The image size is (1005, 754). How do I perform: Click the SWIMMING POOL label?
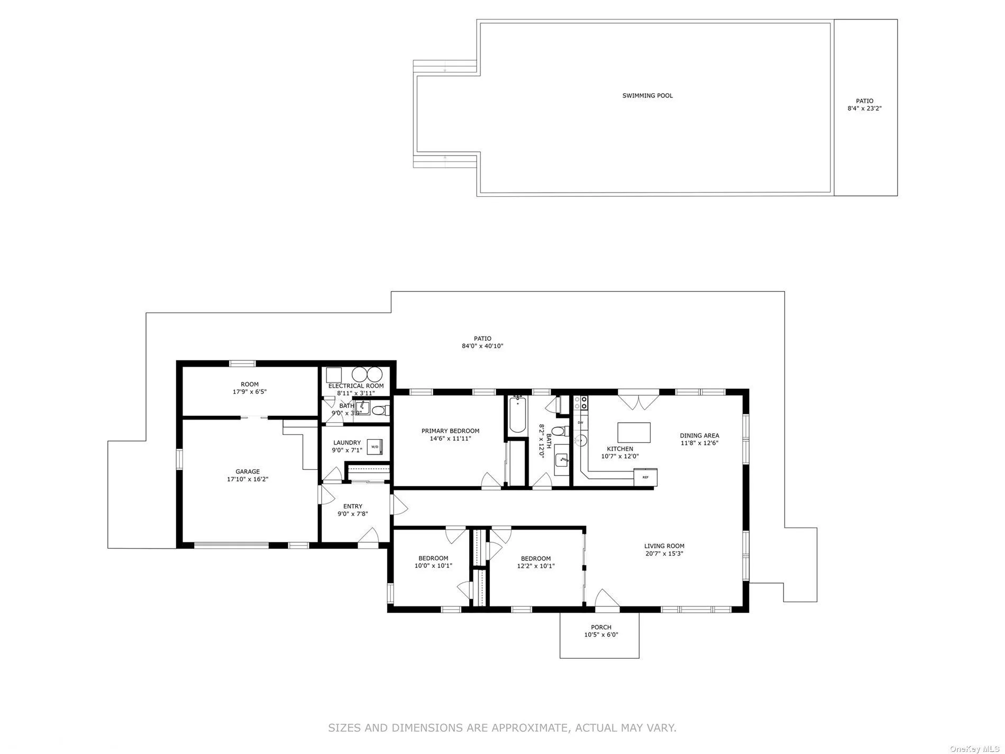pos(647,96)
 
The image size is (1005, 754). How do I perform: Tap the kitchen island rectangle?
pos(634,432)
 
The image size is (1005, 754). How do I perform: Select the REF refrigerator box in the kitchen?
pos(645,477)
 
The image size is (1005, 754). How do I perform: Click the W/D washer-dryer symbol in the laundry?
pos(374,447)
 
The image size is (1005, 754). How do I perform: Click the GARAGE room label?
pos(248,471)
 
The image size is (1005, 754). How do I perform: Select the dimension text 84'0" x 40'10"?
pos(482,346)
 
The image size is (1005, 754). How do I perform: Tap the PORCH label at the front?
pos(601,627)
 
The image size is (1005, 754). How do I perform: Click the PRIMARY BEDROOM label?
pos(450,431)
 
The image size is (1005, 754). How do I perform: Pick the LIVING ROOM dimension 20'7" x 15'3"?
pos(664,553)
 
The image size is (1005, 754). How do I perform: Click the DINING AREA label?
pos(699,435)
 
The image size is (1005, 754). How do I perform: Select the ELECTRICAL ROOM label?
pos(355,386)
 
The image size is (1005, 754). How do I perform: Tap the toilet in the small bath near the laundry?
pos(379,410)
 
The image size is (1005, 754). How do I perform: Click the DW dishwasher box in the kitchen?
pos(580,422)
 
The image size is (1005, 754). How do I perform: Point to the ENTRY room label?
pos(353,506)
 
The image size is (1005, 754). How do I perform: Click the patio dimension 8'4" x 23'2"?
pos(865,108)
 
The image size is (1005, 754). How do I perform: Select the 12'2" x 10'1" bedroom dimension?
pos(535,566)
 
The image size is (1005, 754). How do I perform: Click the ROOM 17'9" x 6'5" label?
pos(250,388)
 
